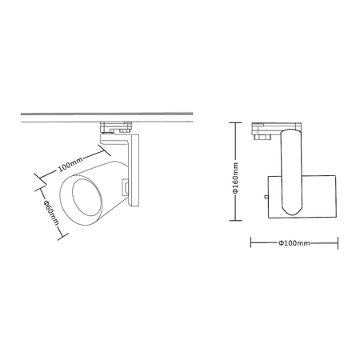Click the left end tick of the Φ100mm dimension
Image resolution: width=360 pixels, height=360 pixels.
click(x=251, y=242)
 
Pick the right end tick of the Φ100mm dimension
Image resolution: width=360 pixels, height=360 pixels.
click(x=336, y=242)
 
